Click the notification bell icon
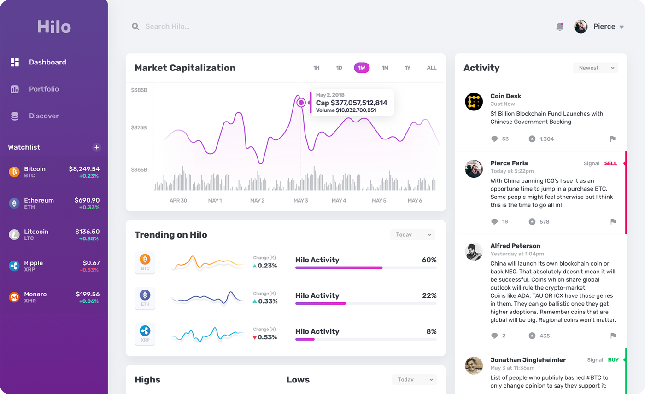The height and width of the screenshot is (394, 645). pos(560,27)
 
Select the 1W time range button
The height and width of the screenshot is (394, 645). pos(362,68)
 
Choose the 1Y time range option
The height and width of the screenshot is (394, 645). pos(407,68)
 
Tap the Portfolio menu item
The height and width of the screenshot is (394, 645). pos(44,89)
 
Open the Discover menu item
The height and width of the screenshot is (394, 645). pos(44,116)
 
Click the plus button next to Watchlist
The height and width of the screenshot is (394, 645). pos(96,147)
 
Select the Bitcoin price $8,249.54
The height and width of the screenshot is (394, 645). pos(84,169)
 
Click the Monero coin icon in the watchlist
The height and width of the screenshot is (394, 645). pos(14,297)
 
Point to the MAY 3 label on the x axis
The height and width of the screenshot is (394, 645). pos(300,201)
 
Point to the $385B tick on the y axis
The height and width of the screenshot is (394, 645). pos(139,90)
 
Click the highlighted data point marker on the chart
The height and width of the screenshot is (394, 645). pos(301,103)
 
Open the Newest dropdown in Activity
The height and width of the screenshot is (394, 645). pos(596,68)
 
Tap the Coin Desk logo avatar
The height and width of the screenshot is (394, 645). pos(474,101)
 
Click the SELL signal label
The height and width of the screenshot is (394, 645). pos(610,163)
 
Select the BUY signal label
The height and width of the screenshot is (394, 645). pos(613,360)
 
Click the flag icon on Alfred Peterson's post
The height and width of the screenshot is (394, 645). pos(613,336)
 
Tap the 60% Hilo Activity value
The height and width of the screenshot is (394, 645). pos(429,260)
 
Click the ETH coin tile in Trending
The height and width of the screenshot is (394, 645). pos(145,298)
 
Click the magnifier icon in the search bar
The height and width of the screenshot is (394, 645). pos(135,27)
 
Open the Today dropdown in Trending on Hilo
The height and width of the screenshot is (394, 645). pos(412,235)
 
